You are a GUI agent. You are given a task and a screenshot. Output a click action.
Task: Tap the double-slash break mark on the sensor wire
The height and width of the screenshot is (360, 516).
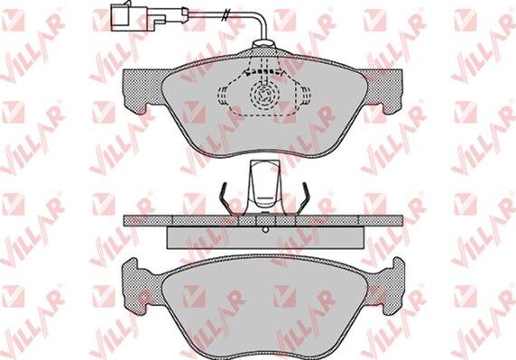pyautogui.click(x=226, y=14)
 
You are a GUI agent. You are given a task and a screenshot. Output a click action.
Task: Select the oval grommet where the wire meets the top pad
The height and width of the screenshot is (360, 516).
pyautogui.click(x=263, y=43)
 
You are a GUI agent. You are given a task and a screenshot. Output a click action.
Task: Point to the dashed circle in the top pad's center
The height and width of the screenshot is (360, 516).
pyautogui.click(x=264, y=94)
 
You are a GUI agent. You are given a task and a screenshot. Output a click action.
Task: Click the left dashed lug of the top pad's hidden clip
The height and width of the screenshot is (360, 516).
pyautogui.click(x=222, y=95)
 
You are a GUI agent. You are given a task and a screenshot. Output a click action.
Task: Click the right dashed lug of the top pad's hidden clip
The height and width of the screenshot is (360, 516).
pyautogui.click(x=305, y=95)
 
